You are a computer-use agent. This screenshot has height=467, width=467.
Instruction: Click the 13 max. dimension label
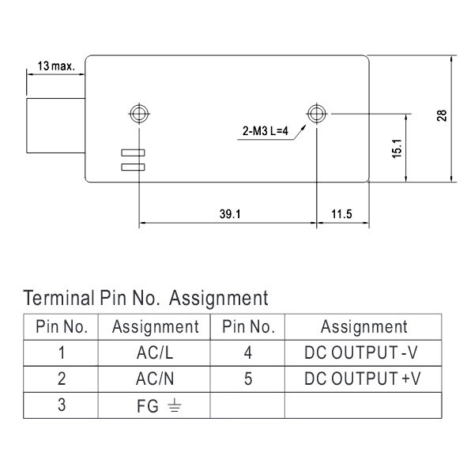tap(56, 66)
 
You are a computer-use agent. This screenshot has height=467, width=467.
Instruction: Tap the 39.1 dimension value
tap(230, 214)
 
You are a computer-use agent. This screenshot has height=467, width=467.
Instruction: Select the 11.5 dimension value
tap(341, 214)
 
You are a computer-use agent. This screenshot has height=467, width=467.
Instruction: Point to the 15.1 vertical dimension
tap(397, 149)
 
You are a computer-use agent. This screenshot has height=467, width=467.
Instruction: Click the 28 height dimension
tap(442, 115)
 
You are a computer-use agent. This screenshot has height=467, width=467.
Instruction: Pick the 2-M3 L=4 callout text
tap(266, 130)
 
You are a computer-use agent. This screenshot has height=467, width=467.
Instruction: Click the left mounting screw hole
tap(139, 114)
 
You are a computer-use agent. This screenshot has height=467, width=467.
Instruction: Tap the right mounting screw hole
tap(317, 114)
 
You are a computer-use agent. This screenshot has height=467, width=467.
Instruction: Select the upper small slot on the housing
tap(133, 153)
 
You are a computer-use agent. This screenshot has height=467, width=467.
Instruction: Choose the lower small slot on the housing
tap(133, 167)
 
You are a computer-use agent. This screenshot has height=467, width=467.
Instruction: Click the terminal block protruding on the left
tap(56, 126)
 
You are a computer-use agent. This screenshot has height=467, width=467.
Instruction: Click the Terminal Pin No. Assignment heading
tap(145, 298)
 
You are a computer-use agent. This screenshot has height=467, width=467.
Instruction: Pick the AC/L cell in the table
tap(154, 353)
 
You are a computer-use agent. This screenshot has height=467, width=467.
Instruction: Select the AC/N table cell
tap(154, 378)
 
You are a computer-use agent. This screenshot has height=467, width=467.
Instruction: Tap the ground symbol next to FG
tap(175, 405)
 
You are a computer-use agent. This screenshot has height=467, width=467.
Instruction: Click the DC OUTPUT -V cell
tap(363, 353)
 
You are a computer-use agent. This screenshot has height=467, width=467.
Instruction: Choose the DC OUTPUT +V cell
tap(363, 378)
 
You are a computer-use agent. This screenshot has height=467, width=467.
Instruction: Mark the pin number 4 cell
tap(247, 353)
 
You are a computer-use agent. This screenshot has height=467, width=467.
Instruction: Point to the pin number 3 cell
tap(61, 405)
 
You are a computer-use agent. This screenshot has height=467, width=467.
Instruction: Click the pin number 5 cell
tap(247, 378)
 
